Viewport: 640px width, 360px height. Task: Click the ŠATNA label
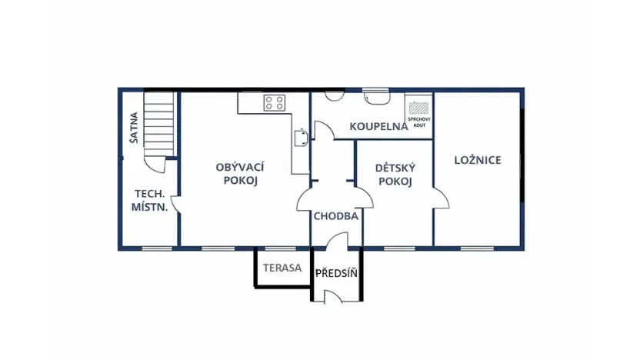(x=134, y=128)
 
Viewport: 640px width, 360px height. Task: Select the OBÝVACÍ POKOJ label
(x=240, y=174)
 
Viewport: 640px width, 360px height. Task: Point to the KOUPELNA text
(x=378, y=126)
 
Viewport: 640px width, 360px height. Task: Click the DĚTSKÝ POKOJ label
(x=395, y=175)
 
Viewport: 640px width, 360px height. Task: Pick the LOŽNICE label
(x=478, y=160)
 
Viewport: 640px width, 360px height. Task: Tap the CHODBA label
(x=336, y=216)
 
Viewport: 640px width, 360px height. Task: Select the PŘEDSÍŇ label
(x=338, y=273)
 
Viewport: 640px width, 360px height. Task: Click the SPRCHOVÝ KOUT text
(x=419, y=122)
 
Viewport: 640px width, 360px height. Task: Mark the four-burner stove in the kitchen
(x=275, y=102)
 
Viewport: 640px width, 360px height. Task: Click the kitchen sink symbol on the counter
(x=301, y=138)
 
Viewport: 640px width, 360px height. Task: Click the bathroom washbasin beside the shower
(x=377, y=97)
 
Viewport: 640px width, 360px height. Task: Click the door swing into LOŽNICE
(x=442, y=199)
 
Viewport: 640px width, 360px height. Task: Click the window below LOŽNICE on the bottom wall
(x=478, y=248)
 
